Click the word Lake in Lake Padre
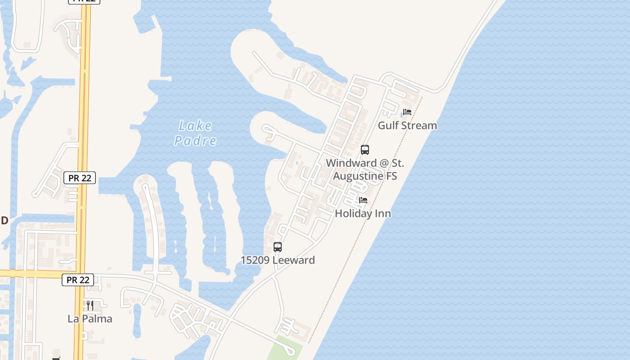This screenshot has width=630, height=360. [x=195, y=126]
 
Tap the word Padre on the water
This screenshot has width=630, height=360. [x=195, y=141]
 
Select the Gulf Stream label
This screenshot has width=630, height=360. [x=407, y=126]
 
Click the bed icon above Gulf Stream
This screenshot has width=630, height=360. [x=407, y=112]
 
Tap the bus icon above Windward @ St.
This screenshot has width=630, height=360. [x=365, y=150]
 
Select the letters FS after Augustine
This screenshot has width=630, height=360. [x=391, y=176]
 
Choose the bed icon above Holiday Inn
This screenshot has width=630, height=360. [x=363, y=200]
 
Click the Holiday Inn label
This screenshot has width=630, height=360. [x=363, y=213]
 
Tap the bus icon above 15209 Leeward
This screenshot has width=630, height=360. [x=278, y=247]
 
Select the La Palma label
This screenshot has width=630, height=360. [x=90, y=319]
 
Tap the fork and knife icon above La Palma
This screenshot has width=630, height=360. [x=90, y=306]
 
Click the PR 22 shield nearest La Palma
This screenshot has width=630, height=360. [x=78, y=280]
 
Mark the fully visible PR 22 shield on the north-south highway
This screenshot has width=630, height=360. [x=80, y=178]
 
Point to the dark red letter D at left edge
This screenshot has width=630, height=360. [x=4, y=220]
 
